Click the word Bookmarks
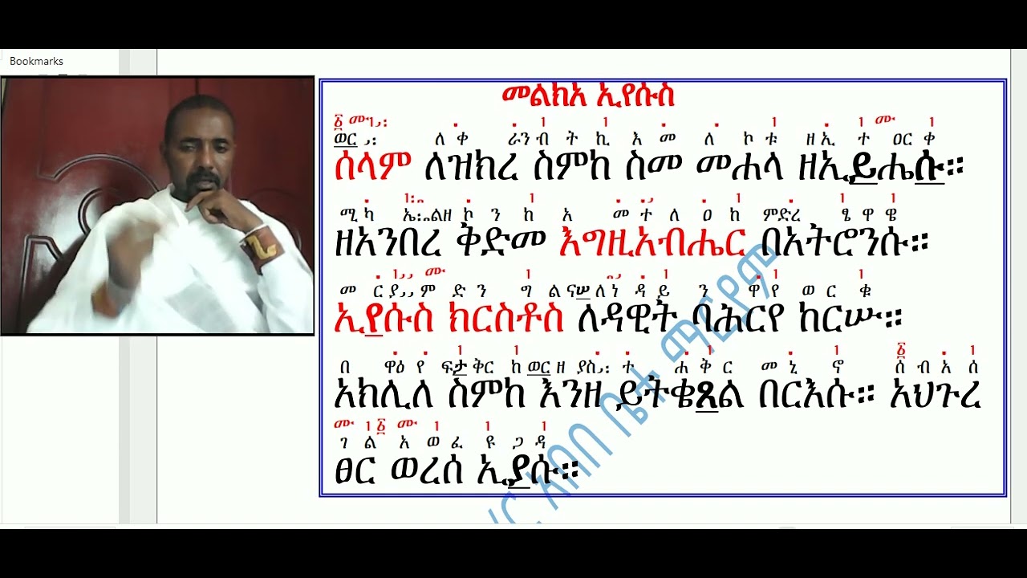click(36, 61)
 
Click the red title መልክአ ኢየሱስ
click(588, 96)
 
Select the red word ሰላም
click(372, 167)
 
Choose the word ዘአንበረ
click(383, 243)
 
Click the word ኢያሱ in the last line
click(535, 470)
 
